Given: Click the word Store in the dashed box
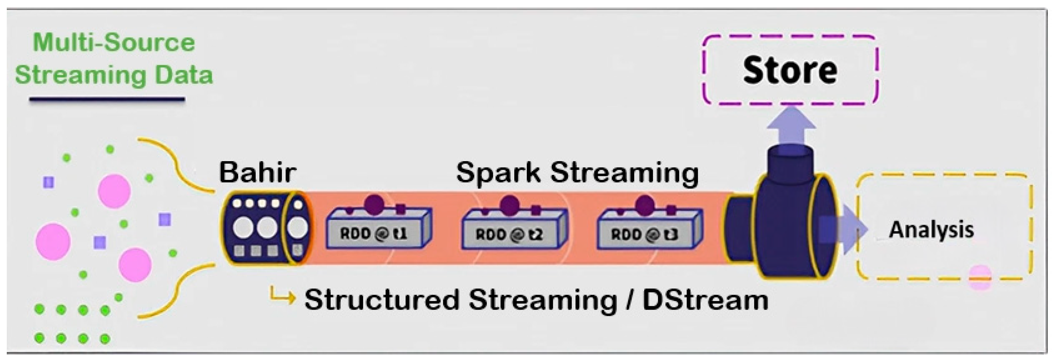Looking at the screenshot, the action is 790,70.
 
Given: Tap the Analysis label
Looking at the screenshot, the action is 931,230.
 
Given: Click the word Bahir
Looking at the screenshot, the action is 258,173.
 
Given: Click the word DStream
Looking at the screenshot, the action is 705,300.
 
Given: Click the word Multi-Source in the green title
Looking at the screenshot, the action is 114,43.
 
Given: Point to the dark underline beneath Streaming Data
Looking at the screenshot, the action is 107,99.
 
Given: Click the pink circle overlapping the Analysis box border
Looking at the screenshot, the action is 980,278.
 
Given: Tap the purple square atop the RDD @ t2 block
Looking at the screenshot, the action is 536,210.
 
